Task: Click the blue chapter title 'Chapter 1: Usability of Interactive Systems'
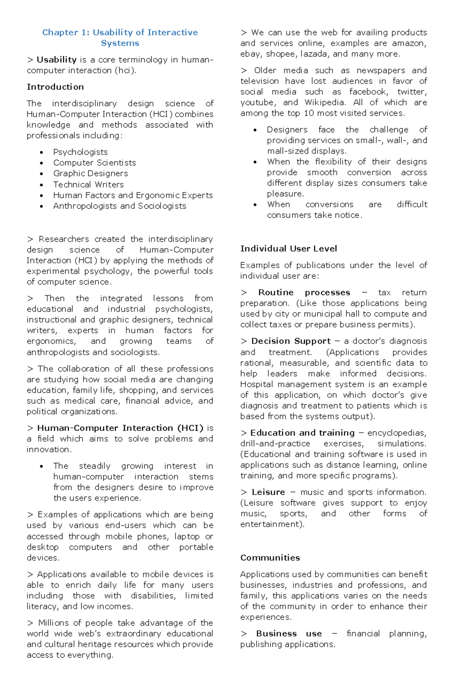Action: (120, 37)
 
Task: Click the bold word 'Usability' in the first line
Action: (57, 60)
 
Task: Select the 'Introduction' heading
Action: (55, 87)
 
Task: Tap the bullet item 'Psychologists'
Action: (80, 152)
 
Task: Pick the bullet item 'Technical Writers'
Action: (88, 185)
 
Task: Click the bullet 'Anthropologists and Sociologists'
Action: (120, 206)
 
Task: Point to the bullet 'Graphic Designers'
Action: (90, 174)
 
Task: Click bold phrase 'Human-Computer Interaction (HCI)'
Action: (120, 428)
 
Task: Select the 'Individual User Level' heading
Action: (288, 249)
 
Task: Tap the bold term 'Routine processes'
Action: (304, 293)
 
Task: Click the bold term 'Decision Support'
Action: (291, 341)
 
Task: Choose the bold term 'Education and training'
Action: (302, 433)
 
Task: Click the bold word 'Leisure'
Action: (268, 492)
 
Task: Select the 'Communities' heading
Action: (270, 558)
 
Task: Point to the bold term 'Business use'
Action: (289, 634)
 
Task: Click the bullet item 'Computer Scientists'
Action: (94, 163)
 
